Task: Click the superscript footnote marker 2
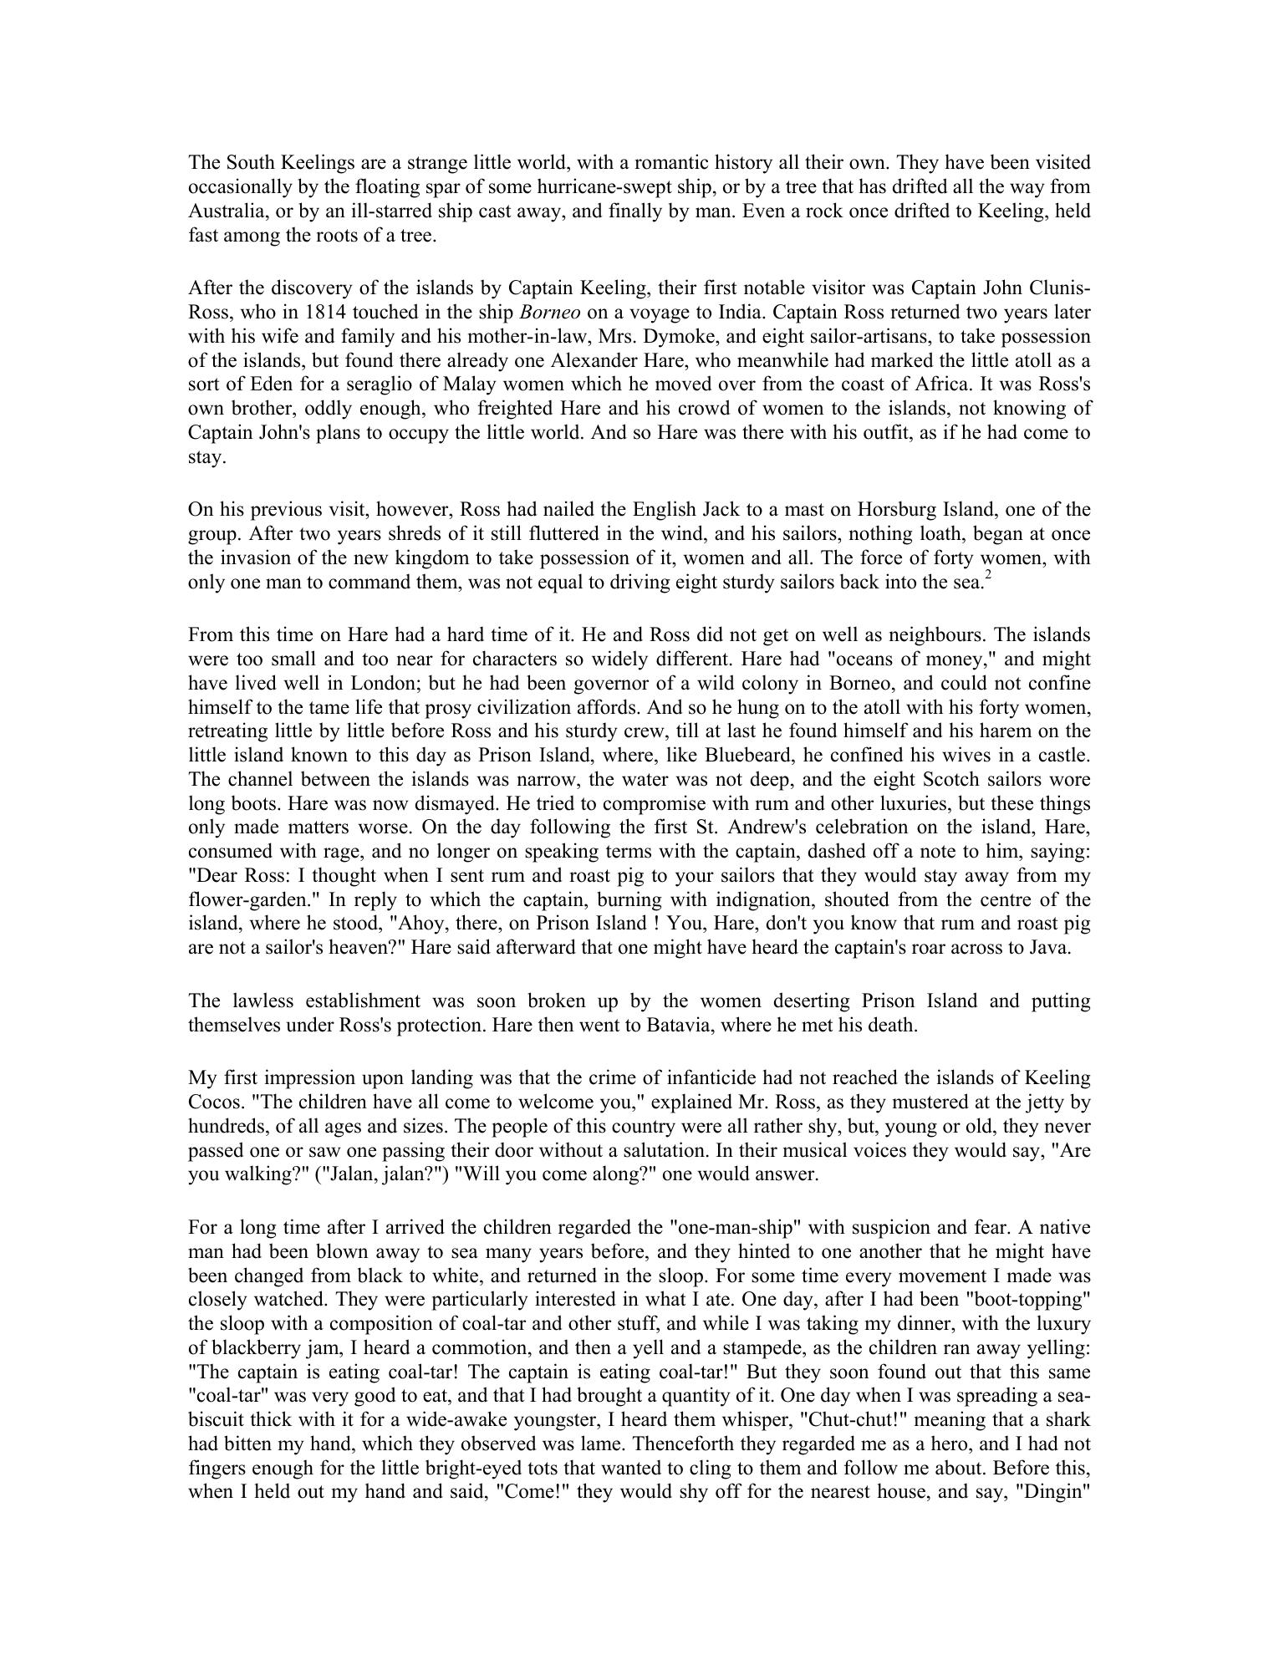[x=987, y=575]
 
